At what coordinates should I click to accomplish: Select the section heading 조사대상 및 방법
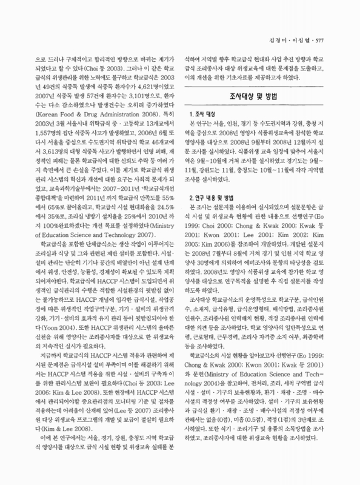256,96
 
